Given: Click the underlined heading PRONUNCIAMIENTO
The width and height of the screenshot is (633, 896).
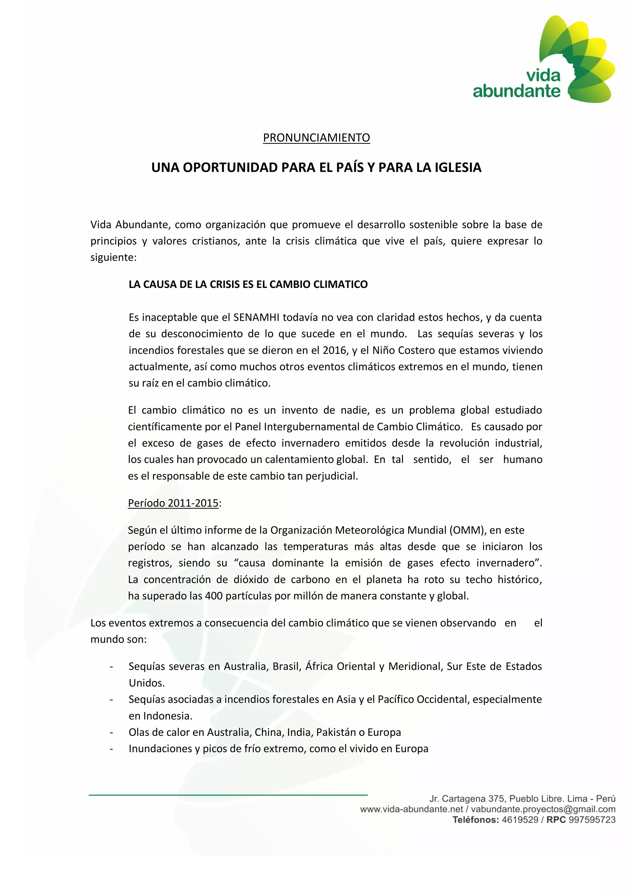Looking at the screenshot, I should click(316, 138).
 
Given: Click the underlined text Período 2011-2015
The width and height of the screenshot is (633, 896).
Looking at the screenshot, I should click(173, 503).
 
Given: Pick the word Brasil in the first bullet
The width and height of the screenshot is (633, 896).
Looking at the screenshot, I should click(286, 666).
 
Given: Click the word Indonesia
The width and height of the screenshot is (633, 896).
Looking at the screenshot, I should click(167, 716).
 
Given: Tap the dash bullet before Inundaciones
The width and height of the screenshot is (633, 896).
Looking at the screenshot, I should click(112, 749).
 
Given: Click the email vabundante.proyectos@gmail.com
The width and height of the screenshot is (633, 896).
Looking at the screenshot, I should click(543, 809).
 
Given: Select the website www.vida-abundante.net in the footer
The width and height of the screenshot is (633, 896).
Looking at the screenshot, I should click(411, 809).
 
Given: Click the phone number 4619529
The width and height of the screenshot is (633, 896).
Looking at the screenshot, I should click(520, 820).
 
